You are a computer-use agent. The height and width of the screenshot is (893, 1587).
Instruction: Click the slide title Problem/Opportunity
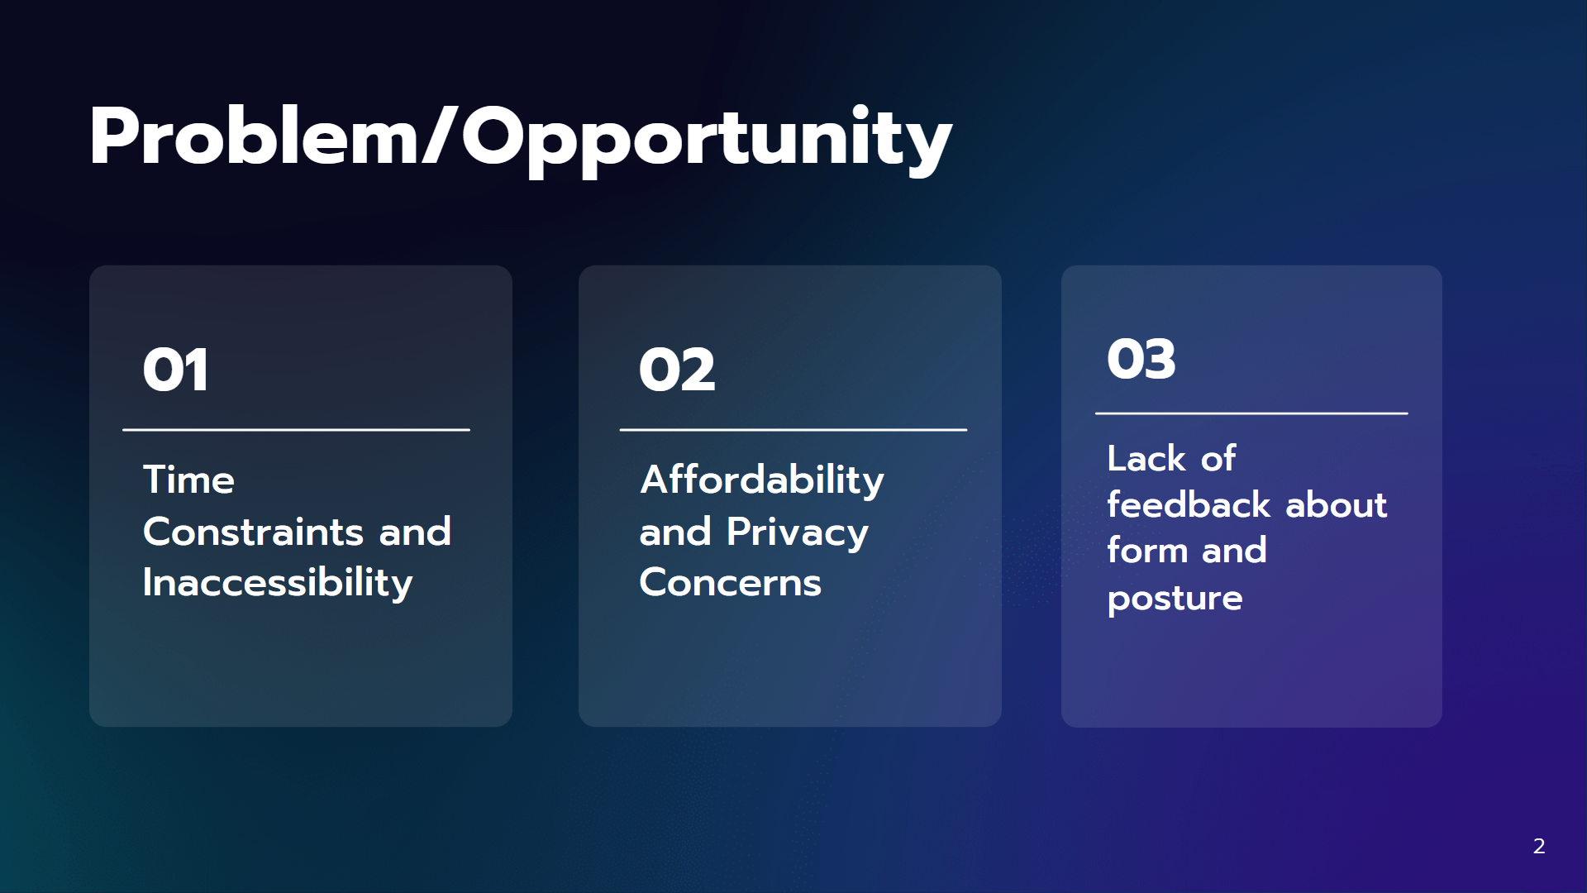521,138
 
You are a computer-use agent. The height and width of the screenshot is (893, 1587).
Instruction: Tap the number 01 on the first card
175,370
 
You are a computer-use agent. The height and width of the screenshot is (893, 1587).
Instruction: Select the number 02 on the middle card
677,370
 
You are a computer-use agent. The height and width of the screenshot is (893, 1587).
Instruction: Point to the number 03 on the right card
1141,359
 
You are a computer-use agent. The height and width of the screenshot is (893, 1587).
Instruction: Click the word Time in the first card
188,480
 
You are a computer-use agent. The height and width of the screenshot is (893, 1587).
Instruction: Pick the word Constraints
253,532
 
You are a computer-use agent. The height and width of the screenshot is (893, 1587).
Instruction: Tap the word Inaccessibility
278,583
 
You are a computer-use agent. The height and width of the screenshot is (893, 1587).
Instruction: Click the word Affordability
762,480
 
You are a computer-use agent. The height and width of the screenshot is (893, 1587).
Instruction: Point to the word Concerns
731,583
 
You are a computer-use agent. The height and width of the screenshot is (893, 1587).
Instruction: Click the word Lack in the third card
1146,459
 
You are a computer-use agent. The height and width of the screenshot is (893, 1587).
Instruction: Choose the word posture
1175,599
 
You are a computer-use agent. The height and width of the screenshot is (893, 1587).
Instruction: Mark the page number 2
1539,846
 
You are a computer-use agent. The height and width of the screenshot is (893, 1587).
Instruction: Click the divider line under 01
296,430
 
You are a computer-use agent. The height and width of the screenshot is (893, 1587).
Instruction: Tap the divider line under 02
793,430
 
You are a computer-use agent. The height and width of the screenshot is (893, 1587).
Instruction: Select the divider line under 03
1251,413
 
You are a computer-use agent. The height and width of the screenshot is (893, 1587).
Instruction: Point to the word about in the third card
1337,504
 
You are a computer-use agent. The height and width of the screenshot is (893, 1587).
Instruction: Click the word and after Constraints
415,532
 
